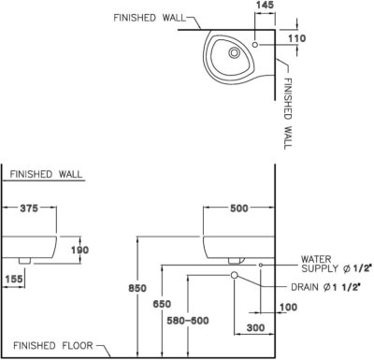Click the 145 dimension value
tap(265, 5)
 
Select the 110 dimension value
tap(296, 38)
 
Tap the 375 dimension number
tap(29, 209)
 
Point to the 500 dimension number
tap(239, 209)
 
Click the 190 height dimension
tap(79, 250)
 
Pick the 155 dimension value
tap(14, 279)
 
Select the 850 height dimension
tap(137, 288)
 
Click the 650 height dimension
tap(162, 304)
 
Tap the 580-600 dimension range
tap(188, 321)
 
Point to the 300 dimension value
tap(255, 327)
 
